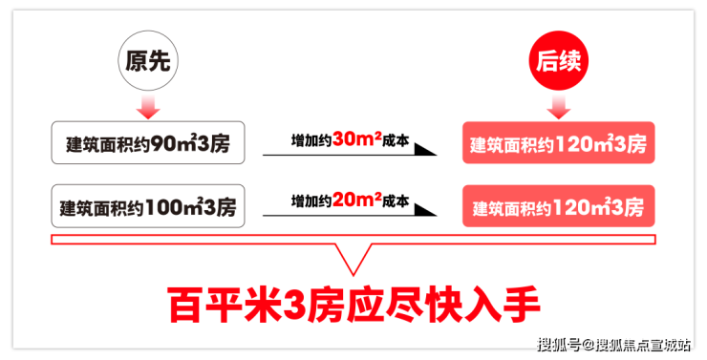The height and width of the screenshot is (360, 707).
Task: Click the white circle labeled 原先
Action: coord(148,60)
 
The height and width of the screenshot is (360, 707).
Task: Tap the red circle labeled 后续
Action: coord(559,60)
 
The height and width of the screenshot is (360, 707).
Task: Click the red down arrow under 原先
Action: coord(148,107)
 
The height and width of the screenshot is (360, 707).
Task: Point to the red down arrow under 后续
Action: coord(559,107)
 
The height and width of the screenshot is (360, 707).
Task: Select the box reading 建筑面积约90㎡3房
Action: coord(148,143)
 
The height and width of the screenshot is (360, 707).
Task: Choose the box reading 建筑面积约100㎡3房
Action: coord(148,206)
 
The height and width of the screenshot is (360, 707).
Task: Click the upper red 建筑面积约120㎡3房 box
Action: coord(559,143)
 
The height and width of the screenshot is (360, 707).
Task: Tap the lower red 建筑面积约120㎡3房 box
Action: coord(559,206)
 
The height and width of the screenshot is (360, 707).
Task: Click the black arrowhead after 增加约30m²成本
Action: coord(425,150)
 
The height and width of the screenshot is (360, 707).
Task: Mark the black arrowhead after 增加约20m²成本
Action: coord(425,210)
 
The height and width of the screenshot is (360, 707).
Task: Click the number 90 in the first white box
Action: coord(163,144)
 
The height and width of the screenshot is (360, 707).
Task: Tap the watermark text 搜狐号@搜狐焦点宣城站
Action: coord(613,345)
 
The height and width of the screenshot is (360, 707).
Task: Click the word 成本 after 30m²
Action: coord(396,140)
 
